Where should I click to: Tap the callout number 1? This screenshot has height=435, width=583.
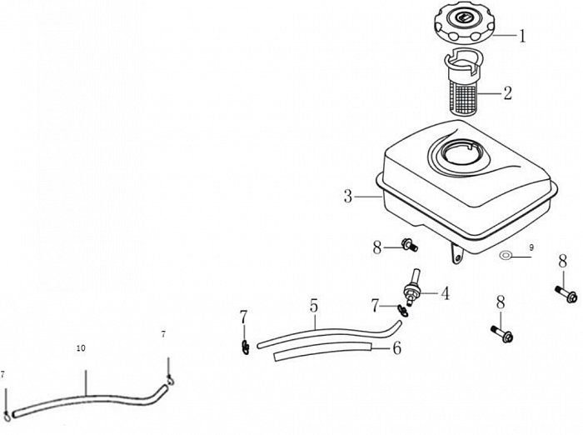coord(522,36)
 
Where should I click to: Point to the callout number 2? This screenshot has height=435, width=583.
coord(507,93)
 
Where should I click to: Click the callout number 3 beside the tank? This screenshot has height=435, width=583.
coord(348,197)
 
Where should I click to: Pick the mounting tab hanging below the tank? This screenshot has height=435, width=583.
coord(456,253)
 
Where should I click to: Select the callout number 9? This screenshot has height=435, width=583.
coord(532,247)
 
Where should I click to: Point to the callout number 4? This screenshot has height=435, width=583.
coord(445,293)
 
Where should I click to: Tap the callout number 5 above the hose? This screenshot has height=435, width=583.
coord(314,306)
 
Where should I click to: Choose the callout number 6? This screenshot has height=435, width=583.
coord(396,348)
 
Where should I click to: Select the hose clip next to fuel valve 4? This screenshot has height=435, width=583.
coord(381,311)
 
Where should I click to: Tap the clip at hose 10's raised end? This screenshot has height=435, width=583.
coord(169,381)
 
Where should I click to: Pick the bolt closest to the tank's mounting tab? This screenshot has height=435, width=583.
coord(408,245)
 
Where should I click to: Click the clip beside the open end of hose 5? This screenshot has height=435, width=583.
coord(245,344)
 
